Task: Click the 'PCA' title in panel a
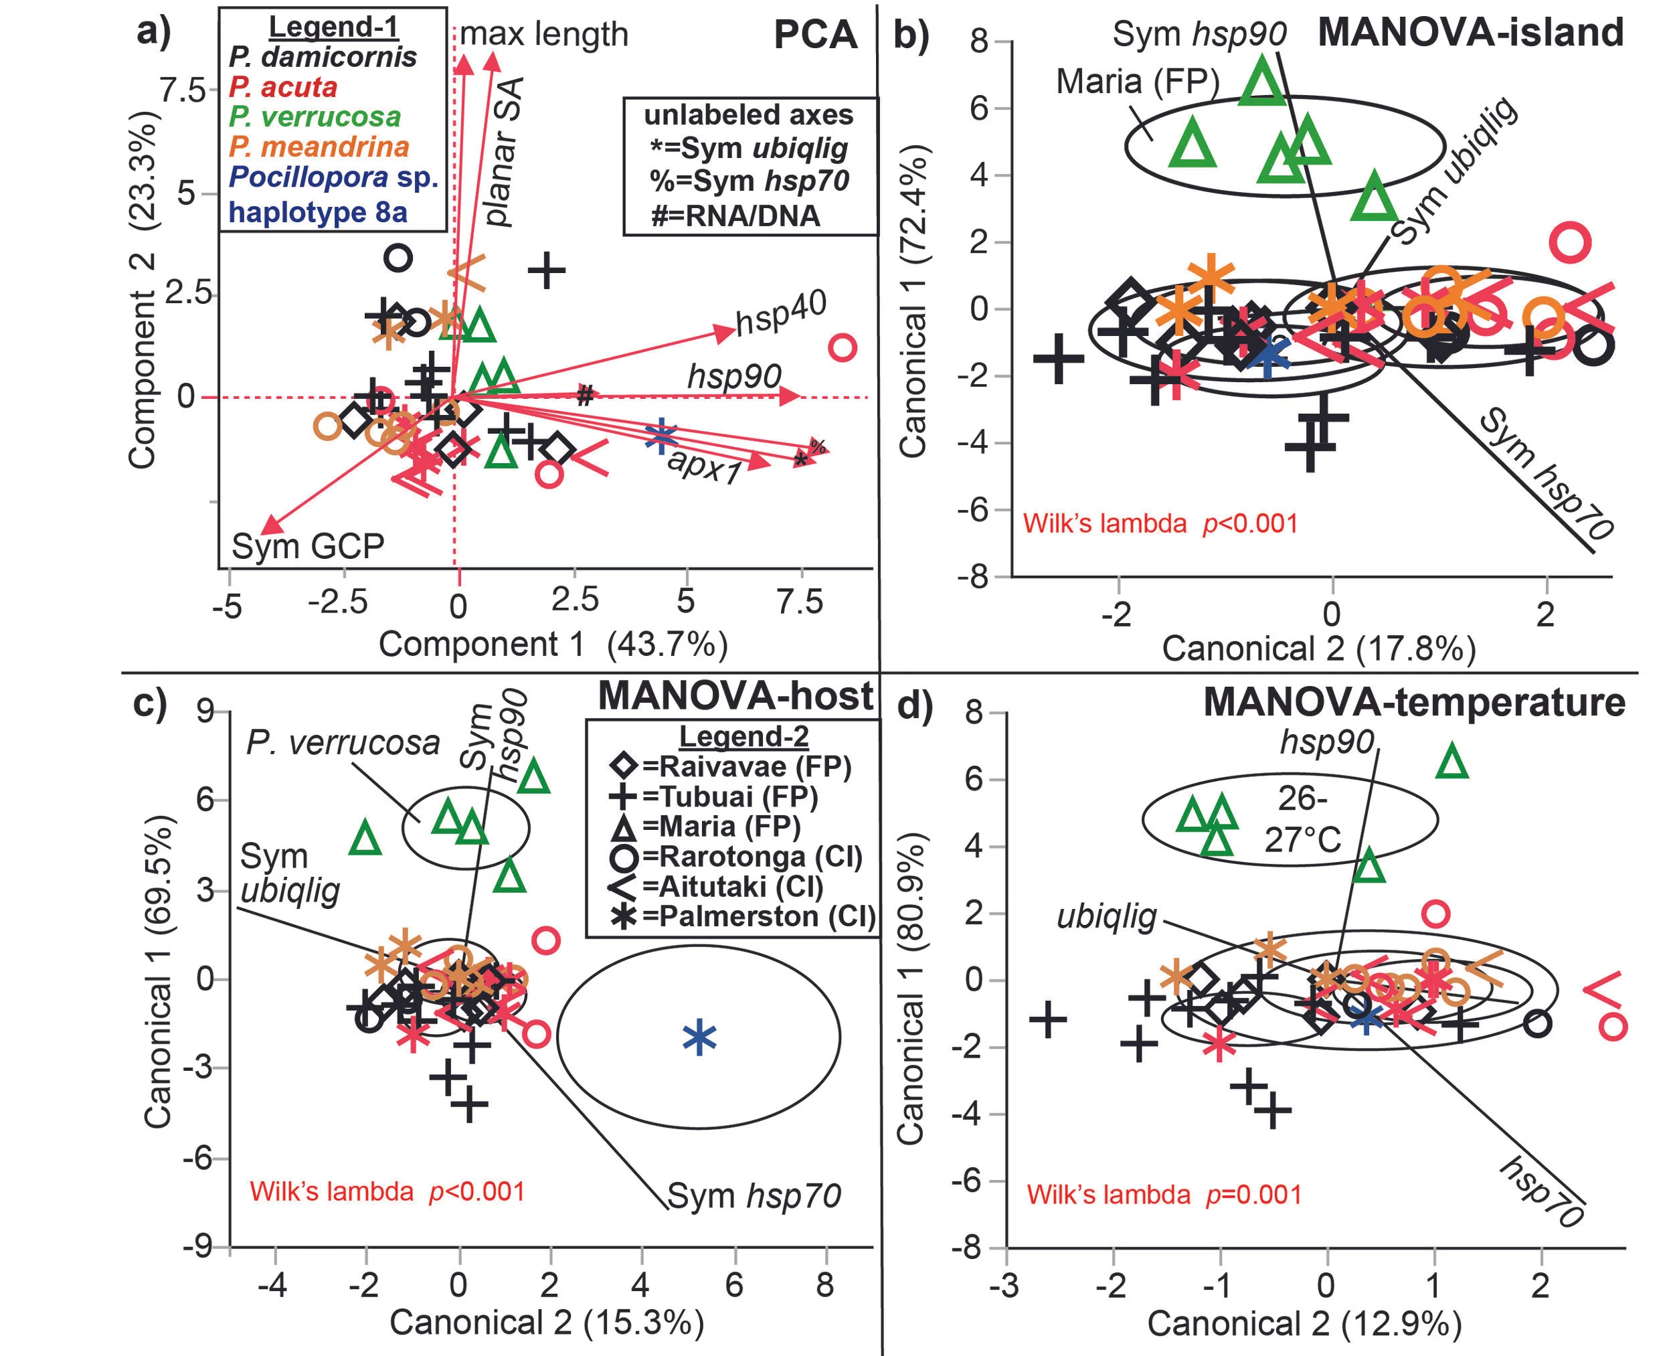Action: (814, 35)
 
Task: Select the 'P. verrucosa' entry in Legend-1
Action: (315, 117)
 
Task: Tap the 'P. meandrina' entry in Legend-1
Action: (319, 147)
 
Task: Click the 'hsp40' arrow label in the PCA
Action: (781, 314)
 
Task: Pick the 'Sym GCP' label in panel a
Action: (308, 546)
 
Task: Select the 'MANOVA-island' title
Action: (1471, 33)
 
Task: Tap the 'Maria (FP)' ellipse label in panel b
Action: (1137, 81)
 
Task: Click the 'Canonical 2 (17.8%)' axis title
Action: (1318, 649)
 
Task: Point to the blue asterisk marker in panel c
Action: (699, 1037)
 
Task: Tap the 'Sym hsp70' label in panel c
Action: (754, 1196)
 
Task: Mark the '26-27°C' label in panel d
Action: (1302, 819)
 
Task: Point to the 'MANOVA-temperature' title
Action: (1414, 702)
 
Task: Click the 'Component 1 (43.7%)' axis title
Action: (553, 645)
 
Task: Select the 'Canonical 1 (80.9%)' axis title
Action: (911, 991)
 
